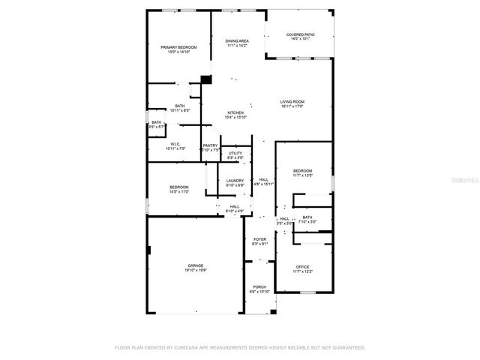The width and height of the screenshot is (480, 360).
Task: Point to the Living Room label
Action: tap(292, 103)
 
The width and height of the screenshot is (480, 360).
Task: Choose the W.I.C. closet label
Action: tap(175, 145)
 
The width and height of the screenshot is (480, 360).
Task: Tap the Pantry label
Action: tap(210, 148)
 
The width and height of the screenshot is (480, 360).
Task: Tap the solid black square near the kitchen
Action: tap(206, 79)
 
